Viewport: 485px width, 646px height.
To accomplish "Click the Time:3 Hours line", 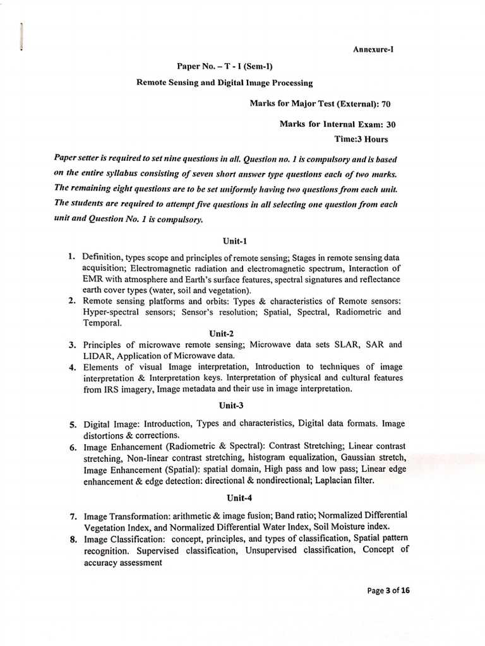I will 361,138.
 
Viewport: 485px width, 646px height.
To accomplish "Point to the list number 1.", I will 71,257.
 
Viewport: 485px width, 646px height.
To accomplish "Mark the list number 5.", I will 73,424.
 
